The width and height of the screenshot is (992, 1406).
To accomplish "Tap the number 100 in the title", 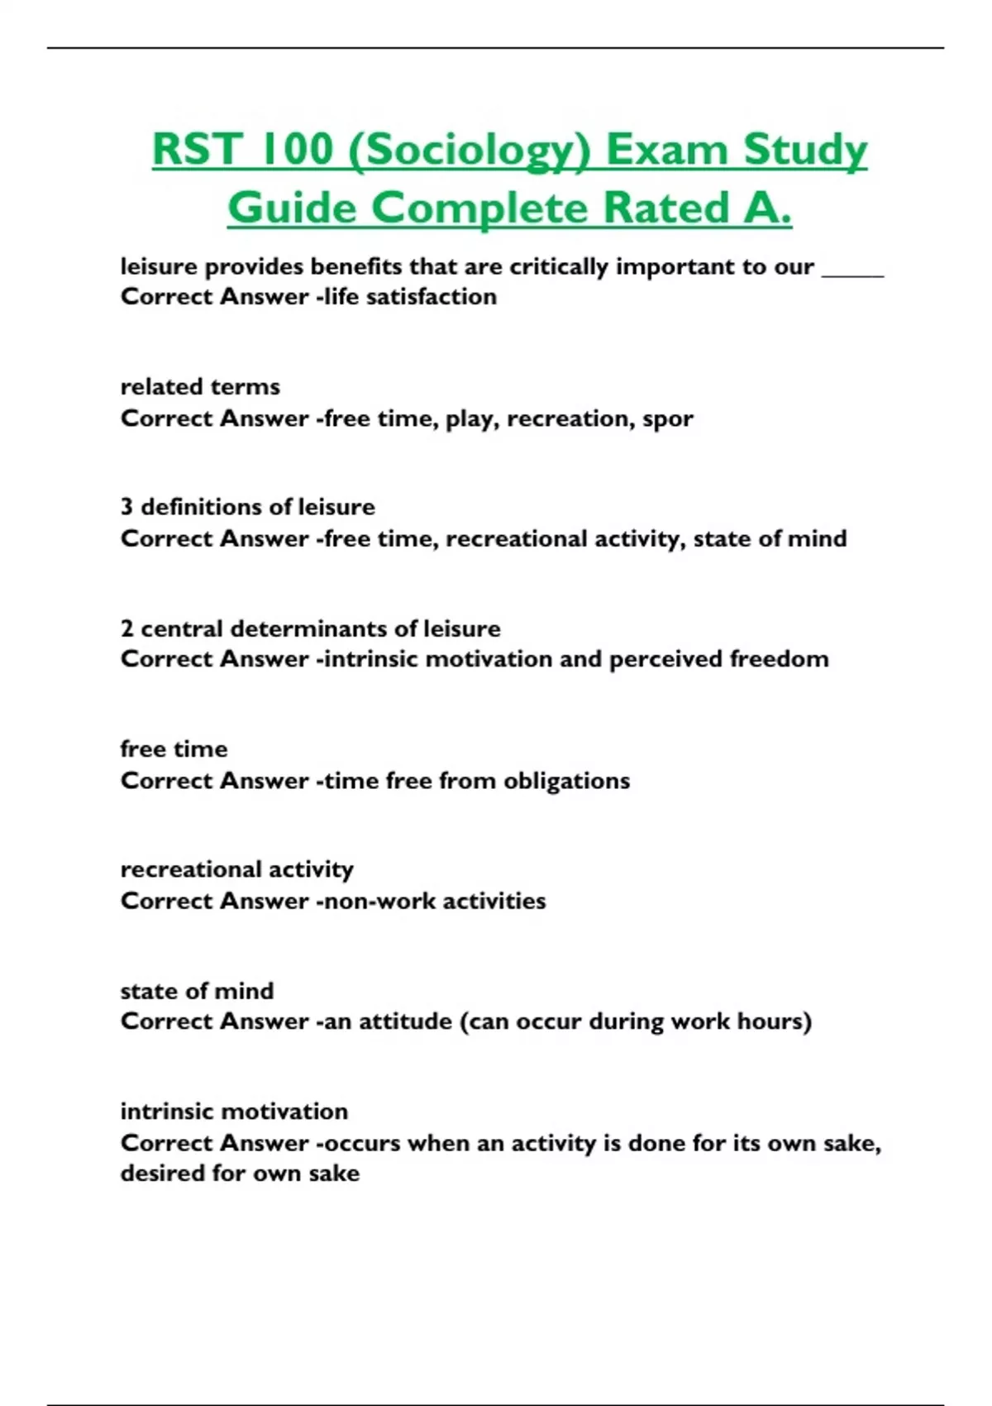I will pos(298,150).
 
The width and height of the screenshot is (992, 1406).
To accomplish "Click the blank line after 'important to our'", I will pos(852,270).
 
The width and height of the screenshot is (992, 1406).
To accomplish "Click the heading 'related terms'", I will pos(200,386).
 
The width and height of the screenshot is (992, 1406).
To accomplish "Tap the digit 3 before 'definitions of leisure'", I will pos(126,506).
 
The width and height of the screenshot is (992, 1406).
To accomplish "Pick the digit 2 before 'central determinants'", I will pos(126,629).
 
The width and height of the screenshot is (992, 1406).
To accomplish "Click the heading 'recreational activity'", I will pos(236,869).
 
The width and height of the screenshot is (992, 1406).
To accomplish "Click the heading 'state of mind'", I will pos(197,990).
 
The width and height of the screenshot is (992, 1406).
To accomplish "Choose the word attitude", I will pos(399,1021).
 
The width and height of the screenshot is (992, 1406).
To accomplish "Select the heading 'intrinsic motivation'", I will pos(234,1111).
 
